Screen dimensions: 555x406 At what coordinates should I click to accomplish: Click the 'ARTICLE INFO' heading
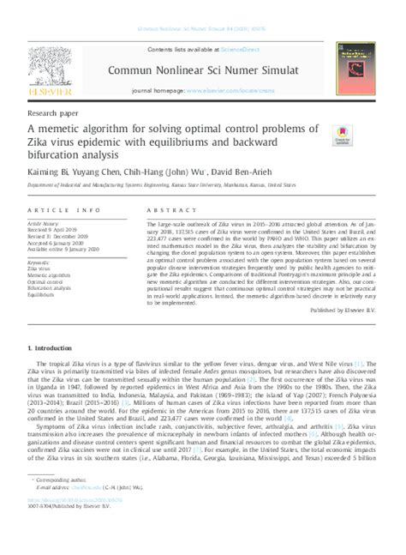[x=53, y=209]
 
